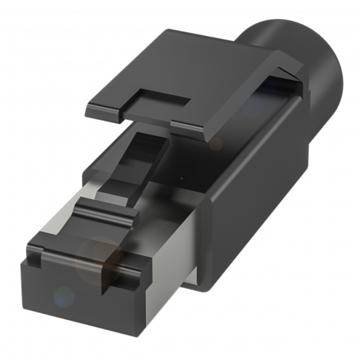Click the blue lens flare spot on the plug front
pos(63,297)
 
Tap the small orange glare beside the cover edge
pos(217,143)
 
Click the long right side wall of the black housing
pos(275,190)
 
